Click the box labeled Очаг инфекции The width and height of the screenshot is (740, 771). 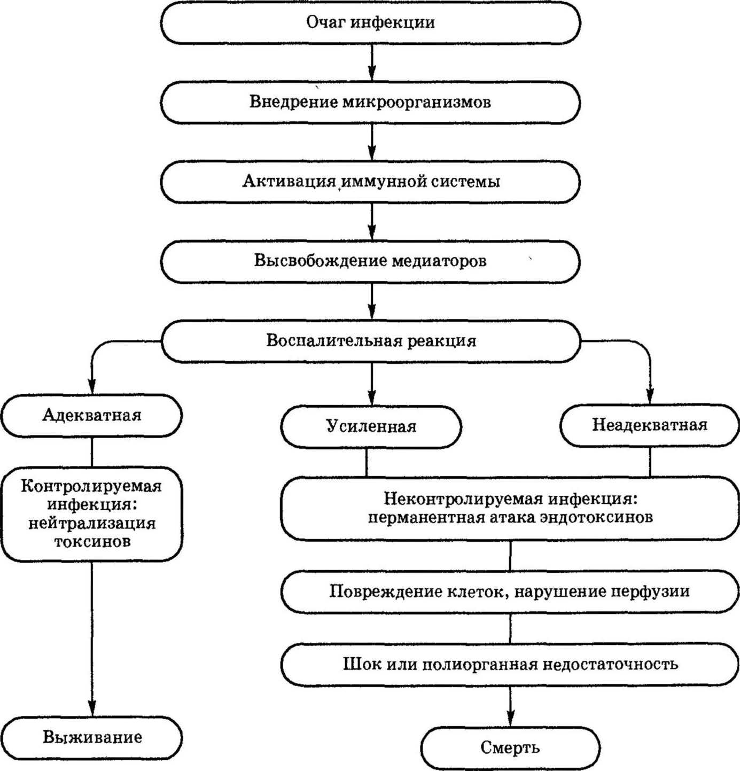[370, 22]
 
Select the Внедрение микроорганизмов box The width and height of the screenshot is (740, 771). [370, 102]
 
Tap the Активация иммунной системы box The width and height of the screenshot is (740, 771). [370, 182]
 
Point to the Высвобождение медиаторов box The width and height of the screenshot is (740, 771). [370, 261]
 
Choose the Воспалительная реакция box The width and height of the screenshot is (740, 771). [370, 341]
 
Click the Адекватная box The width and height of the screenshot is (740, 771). [92, 416]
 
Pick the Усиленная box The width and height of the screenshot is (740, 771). [371, 427]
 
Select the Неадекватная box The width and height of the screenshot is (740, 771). [650, 425]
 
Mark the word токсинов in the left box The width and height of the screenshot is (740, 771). [92, 541]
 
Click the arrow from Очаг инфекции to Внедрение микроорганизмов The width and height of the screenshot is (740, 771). [371, 63]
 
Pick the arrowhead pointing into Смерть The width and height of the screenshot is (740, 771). [510, 718]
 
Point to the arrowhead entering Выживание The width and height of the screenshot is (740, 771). [92, 707]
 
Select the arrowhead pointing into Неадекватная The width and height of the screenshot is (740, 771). [650, 395]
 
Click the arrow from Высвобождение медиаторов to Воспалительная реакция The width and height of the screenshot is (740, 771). [371, 301]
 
